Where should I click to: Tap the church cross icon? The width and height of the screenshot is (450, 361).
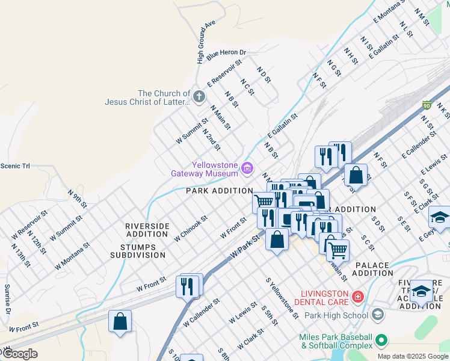[199, 96]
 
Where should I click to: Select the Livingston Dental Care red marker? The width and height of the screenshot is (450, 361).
[358, 297]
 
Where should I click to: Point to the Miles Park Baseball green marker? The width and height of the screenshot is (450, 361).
[380, 341]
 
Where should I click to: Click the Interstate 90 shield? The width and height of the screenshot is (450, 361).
[426, 105]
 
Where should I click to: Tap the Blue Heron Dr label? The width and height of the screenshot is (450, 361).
[226, 54]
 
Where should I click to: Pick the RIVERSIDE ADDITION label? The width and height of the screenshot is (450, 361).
[147, 230]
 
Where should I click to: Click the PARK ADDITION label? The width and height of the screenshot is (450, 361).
[219, 191]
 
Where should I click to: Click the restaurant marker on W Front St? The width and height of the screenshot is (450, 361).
[188, 286]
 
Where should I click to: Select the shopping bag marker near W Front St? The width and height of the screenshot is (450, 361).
[120, 321]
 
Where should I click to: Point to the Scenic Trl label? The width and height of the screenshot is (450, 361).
[15, 166]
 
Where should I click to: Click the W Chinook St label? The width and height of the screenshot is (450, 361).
[191, 229]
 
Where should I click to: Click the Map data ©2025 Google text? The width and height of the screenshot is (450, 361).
[412, 356]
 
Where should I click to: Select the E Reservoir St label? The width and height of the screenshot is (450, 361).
[224, 72]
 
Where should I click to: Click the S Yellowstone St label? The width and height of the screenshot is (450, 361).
[282, 298]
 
